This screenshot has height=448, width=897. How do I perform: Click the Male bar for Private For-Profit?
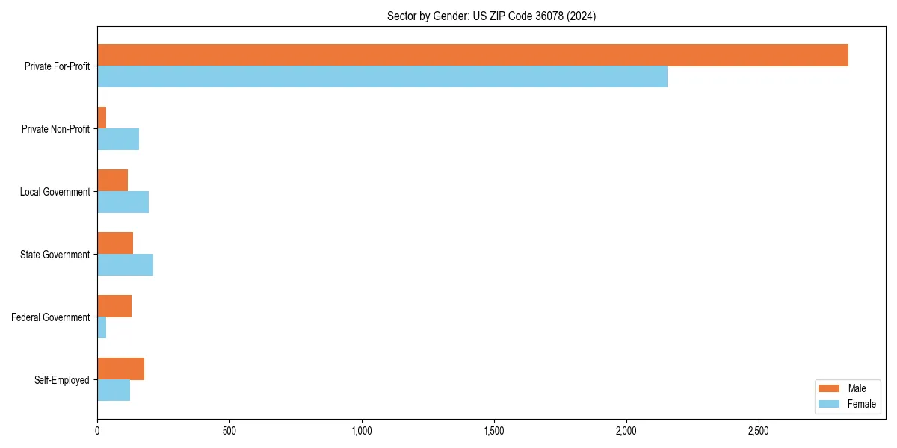point(472,55)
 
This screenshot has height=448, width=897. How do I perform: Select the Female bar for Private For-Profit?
point(382,77)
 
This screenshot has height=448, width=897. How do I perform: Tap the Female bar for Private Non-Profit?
point(118,140)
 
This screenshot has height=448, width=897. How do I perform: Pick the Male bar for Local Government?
point(112,181)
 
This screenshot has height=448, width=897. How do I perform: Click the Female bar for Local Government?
point(123,202)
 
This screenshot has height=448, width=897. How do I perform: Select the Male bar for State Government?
point(115,243)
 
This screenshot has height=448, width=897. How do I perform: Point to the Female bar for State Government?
point(125,265)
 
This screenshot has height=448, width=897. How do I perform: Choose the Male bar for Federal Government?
point(114,306)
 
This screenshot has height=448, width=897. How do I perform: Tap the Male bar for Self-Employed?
point(120,369)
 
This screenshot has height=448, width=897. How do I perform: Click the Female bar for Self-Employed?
point(114,391)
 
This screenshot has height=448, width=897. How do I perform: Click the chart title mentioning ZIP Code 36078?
point(491,16)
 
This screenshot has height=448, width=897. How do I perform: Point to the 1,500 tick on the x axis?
point(494,431)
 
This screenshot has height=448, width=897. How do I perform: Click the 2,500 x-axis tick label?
point(759,431)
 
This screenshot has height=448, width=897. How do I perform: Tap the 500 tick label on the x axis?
point(229,431)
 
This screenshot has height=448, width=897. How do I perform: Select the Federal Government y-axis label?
point(51,317)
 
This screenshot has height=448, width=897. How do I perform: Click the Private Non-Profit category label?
point(55,129)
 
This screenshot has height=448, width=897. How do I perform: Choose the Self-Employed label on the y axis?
point(62,380)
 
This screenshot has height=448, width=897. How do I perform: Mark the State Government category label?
point(55,255)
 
